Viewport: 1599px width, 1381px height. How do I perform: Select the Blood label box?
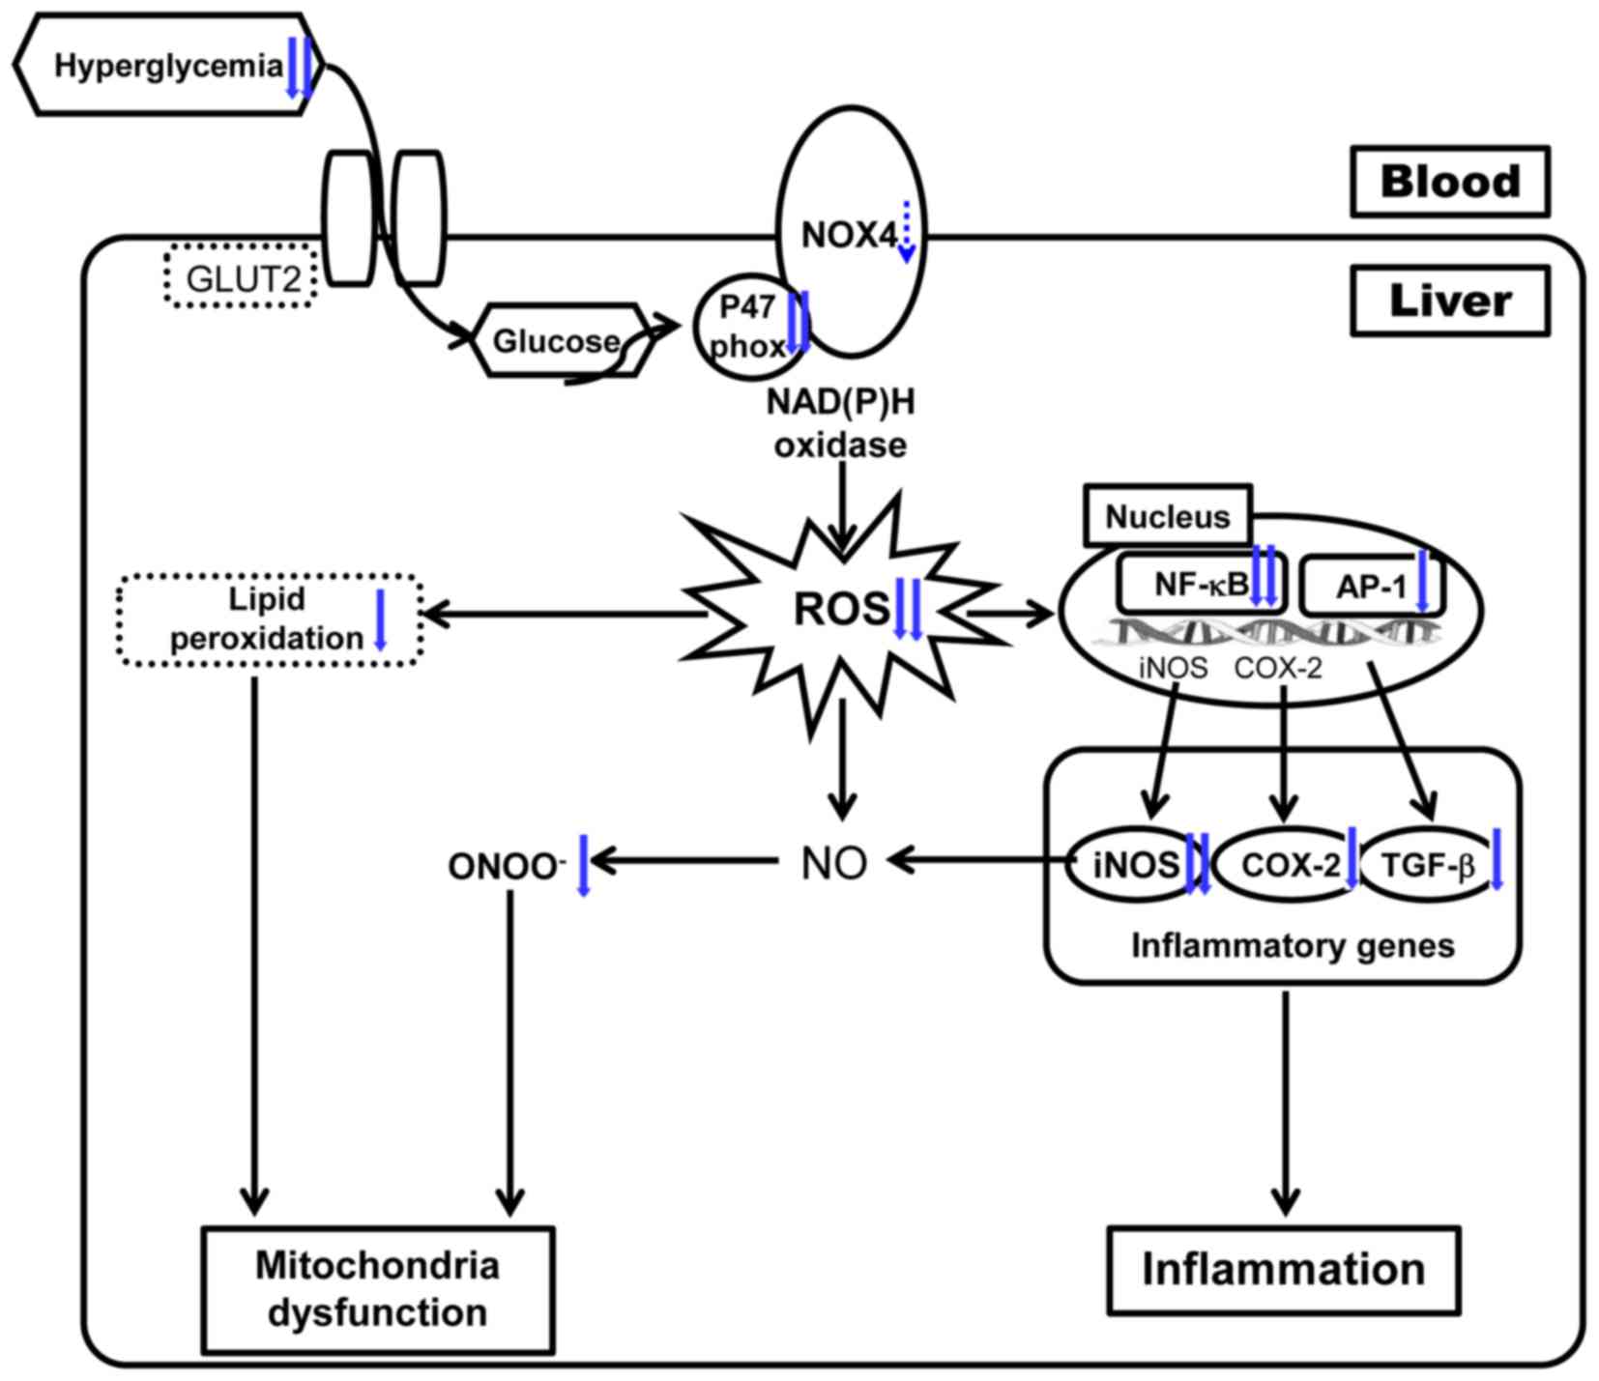[x=1449, y=182]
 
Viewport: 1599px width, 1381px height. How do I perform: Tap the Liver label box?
[x=1449, y=302]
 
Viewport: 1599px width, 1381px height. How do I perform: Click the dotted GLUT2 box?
[x=241, y=278]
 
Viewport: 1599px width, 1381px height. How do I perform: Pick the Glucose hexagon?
[x=557, y=341]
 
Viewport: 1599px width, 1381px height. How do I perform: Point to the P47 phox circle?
[x=747, y=327]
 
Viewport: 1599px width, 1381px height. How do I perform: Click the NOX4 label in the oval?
[x=848, y=235]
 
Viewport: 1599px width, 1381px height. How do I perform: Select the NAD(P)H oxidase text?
[x=840, y=423]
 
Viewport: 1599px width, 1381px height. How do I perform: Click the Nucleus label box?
[x=1167, y=516]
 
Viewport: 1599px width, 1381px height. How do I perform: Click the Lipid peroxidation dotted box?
[x=269, y=619]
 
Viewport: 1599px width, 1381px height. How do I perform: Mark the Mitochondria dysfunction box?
[x=377, y=1289]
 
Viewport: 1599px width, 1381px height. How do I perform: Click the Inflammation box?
[x=1283, y=1270]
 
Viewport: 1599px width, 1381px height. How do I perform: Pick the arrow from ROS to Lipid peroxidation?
[x=561, y=614]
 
